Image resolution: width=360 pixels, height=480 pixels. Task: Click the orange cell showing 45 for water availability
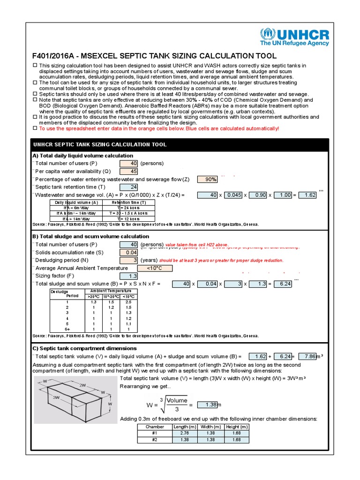128,171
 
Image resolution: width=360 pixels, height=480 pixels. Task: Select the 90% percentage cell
207,179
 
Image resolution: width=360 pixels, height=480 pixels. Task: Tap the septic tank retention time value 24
128,187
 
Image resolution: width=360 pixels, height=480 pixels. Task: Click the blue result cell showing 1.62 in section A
307,195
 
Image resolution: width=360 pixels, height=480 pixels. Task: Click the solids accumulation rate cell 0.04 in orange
128,252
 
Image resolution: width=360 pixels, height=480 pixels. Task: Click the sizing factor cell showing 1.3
128,276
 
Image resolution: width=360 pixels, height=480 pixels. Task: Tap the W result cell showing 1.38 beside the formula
207,405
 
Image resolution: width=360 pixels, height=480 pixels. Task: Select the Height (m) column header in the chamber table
237,427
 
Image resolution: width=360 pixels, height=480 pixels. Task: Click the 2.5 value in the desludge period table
127,302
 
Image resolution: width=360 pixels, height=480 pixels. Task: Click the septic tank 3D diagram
75,399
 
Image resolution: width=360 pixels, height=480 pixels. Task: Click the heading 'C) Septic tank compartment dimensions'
84,348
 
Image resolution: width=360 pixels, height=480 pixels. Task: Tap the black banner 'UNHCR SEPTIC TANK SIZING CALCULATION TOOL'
180,145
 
